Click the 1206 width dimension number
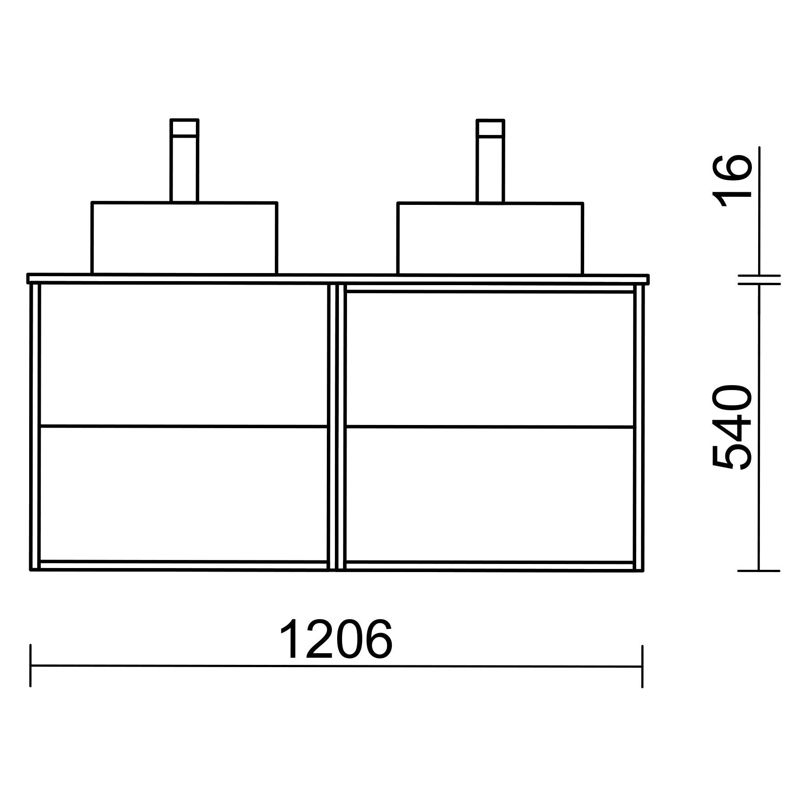point(336,638)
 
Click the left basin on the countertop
point(184,238)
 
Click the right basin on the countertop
point(490,238)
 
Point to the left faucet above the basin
point(184,161)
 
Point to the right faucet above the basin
point(490,161)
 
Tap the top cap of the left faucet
point(184,126)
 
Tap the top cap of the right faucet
point(490,127)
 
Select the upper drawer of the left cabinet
point(183,355)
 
